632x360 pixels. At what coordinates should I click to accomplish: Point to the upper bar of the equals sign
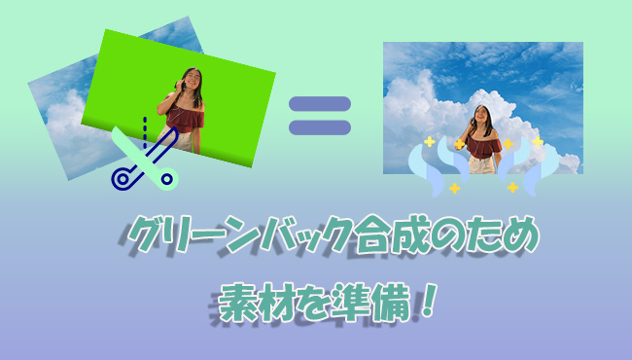(x=319, y=102)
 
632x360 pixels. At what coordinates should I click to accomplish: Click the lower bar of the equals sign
(x=319, y=127)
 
